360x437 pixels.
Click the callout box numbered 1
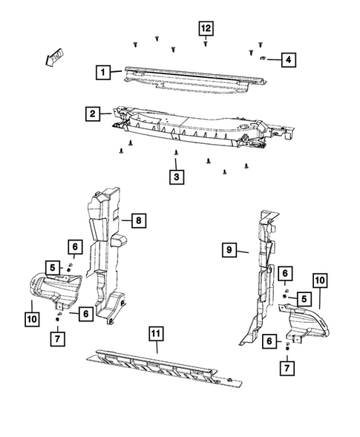[102, 73]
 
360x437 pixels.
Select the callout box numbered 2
[92, 114]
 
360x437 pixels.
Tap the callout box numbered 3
[176, 177]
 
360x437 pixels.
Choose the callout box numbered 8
[137, 220]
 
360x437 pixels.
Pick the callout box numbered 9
[230, 251]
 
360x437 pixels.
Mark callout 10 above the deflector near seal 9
[319, 280]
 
